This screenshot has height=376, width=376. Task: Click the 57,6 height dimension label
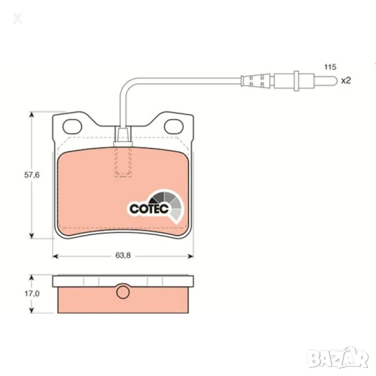[x=32, y=175]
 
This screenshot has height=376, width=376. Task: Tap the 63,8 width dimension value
[x=123, y=256]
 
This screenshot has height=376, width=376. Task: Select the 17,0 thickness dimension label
[x=32, y=293]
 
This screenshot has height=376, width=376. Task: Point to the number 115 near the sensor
[x=330, y=67]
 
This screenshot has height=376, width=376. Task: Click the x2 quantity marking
[x=346, y=81]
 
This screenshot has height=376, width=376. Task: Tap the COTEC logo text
[x=149, y=209]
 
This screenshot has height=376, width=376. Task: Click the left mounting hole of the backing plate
[x=72, y=127]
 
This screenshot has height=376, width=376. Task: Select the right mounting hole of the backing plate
[x=174, y=127]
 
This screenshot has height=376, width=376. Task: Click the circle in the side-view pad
[x=123, y=292]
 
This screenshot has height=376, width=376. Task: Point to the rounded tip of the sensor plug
[x=335, y=81]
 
